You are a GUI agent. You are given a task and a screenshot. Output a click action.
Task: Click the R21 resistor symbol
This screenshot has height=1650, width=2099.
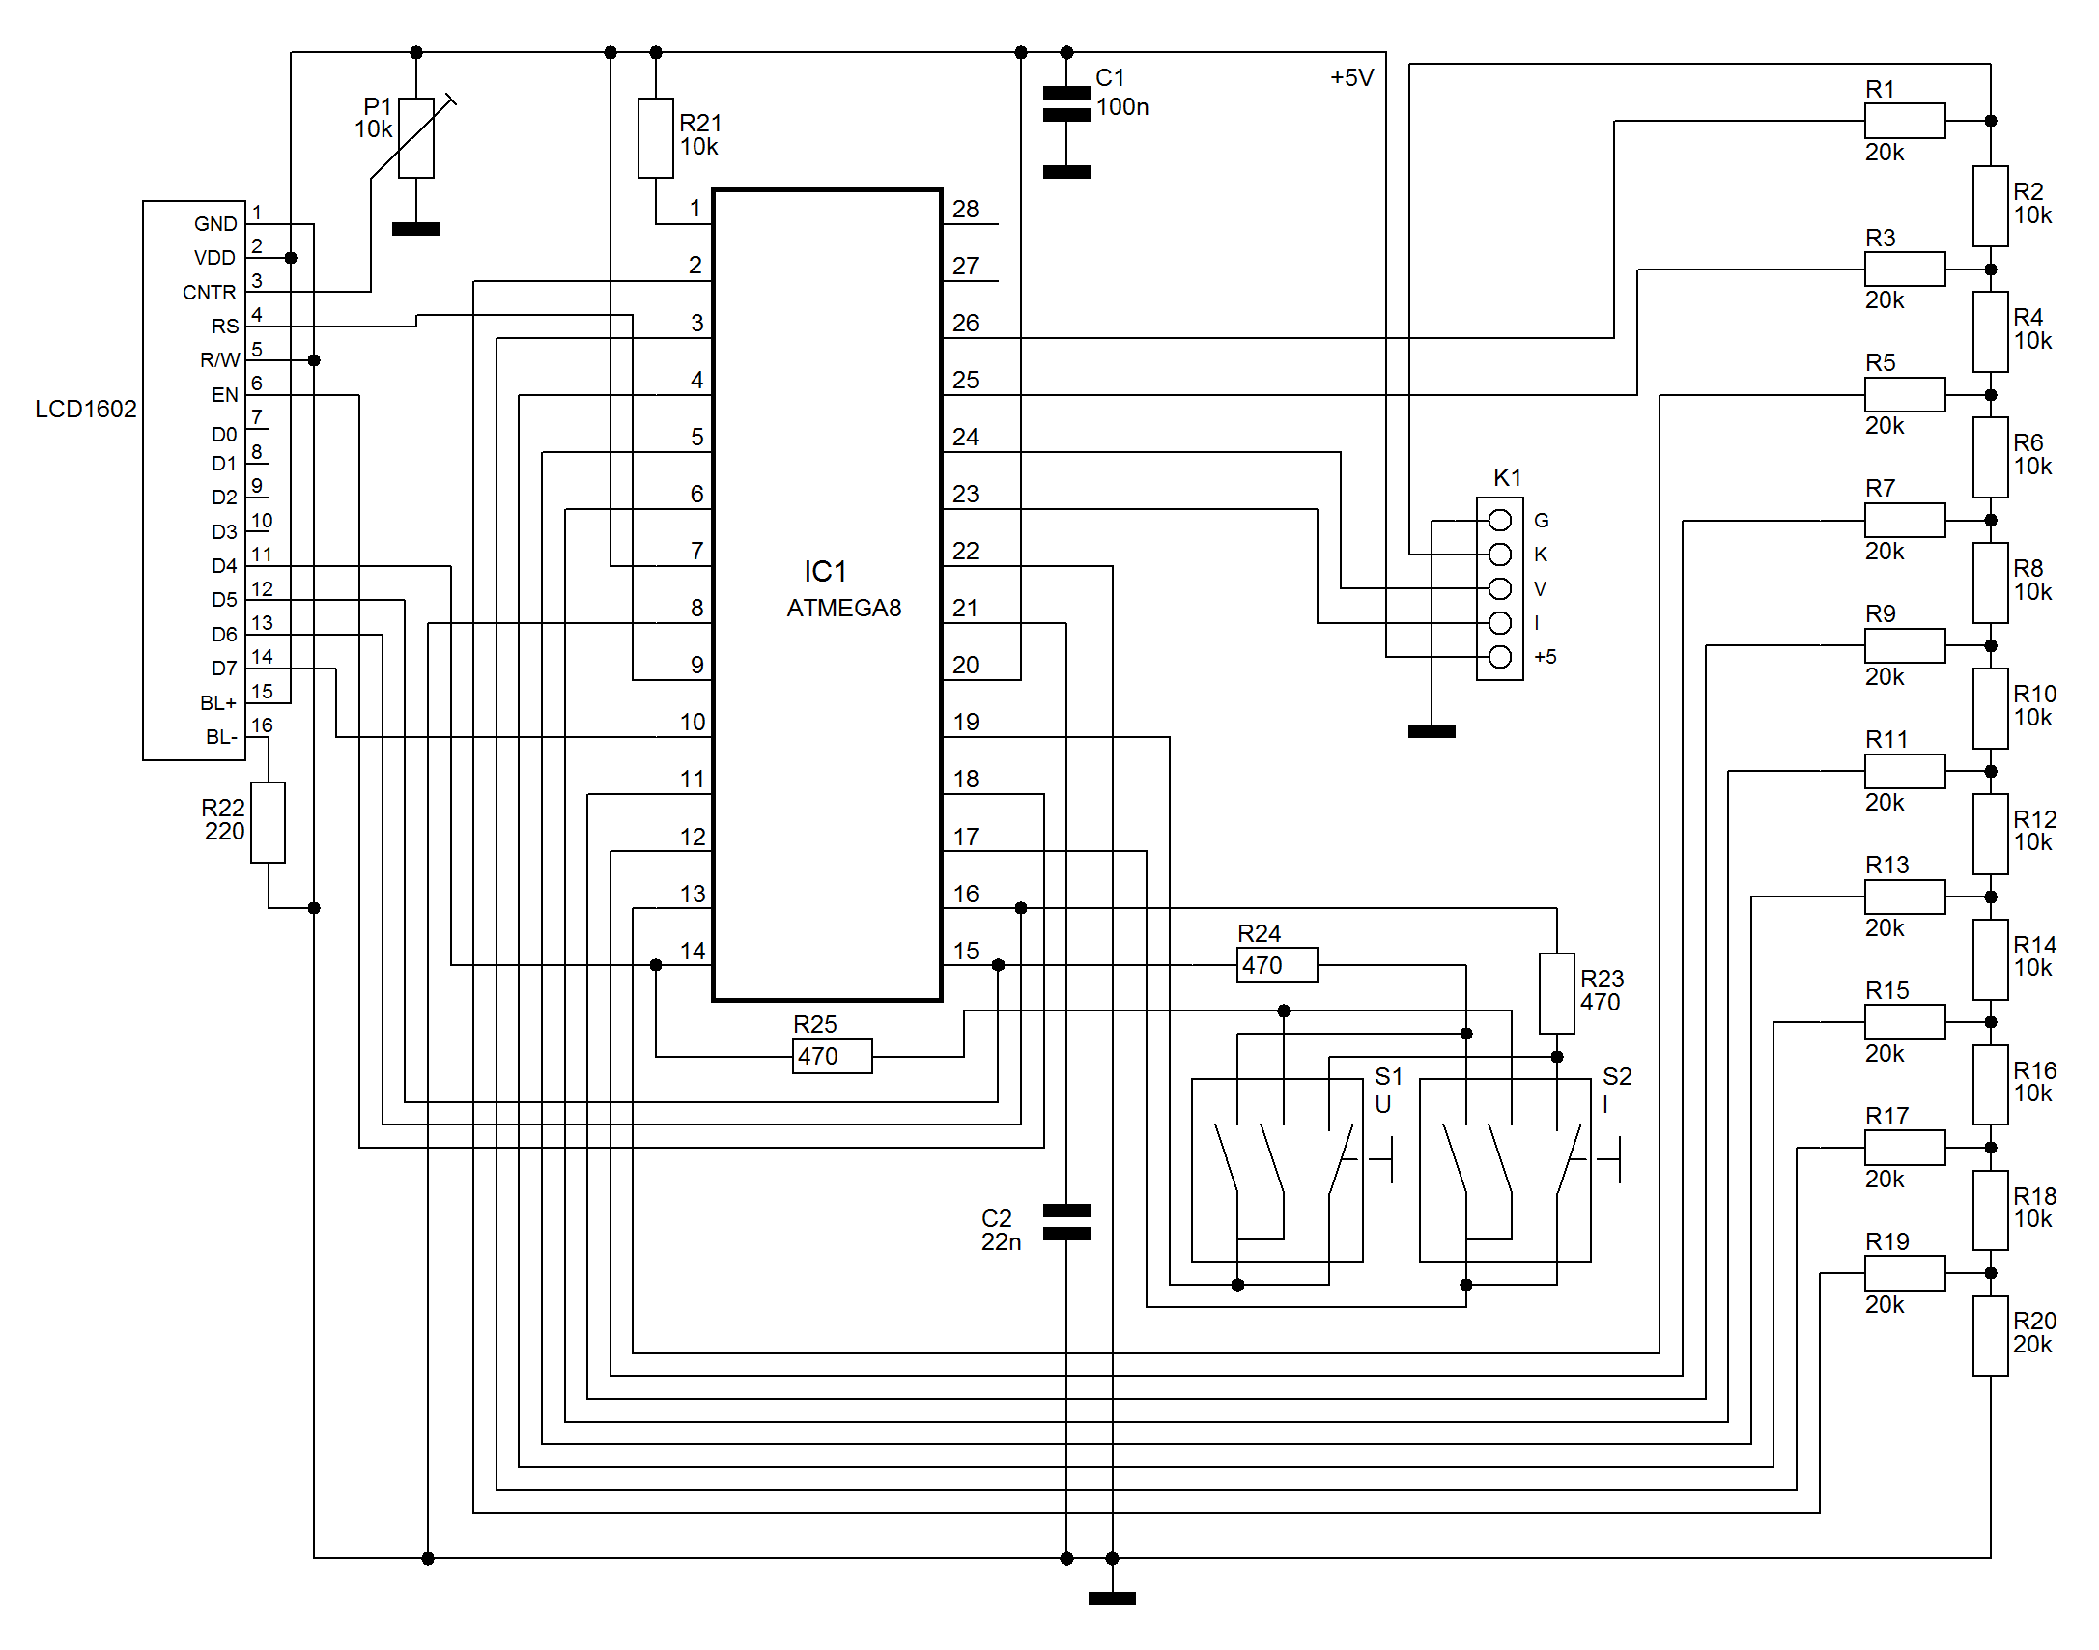click(x=656, y=138)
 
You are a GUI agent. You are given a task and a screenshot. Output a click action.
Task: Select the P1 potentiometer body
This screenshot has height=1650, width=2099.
click(x=416, y=138)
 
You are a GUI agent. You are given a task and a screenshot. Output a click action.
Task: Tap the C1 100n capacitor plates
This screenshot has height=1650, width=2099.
click(x=1066, y=103)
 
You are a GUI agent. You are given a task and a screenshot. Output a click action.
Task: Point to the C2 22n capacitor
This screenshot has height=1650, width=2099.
click(x=1066, y=1222)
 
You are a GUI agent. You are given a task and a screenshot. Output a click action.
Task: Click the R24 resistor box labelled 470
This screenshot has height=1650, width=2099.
click(x=1277, y=965)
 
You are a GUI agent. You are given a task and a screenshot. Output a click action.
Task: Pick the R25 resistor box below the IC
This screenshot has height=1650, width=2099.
click(x=833, y=1056)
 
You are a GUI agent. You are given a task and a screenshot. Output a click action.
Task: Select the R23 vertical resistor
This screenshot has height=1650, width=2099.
click(x=1557, y=993)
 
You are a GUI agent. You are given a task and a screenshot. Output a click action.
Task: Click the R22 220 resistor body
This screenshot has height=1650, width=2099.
click(x=269, y=822)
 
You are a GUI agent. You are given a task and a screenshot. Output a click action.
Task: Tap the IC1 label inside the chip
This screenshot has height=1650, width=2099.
click(x=825, y=572)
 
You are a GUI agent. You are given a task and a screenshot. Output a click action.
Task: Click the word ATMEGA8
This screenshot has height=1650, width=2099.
click(x=844, y=608)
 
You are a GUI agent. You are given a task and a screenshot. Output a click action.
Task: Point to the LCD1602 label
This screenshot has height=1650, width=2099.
click(x=86, y=409)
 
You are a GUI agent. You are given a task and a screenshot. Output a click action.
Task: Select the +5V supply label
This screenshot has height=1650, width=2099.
click(x=1351, y=77)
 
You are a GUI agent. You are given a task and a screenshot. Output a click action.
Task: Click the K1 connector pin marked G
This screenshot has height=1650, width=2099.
click(x=1500, y=521)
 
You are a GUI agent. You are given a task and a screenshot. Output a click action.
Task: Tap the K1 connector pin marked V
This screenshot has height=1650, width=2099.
click(x=1500, y=588)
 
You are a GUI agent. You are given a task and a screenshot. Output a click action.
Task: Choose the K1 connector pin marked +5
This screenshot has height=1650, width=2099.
click(x=1500, y=657)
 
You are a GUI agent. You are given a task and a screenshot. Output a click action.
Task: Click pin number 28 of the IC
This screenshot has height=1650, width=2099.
click(x=966, y=209)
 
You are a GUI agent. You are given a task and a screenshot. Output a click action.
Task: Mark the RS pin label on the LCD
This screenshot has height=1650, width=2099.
click(x=225, y=327)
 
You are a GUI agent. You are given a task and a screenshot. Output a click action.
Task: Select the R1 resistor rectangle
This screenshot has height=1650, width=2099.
click(x=1905, y=121)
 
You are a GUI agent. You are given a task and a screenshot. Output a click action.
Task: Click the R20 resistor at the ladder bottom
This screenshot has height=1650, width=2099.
click(x=1991, y=1336)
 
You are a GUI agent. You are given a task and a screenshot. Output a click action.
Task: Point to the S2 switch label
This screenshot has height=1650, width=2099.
click(x=1617, y=1076)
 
